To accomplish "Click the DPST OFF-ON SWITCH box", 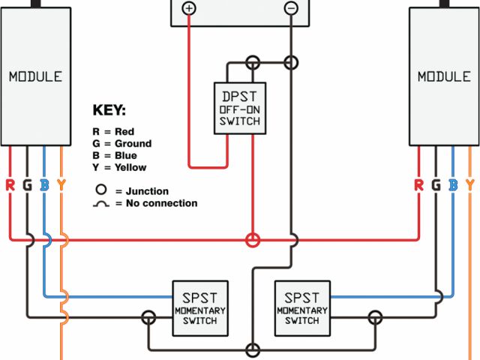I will (x=240, y=108).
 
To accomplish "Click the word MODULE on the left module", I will (x=35, y=76).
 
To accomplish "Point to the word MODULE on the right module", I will (x=444, y=76).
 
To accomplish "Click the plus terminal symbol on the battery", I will (x=189, y=8).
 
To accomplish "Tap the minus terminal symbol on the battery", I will (x=291, y=8).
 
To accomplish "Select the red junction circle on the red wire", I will (x=254, y=240).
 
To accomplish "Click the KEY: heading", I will (x=109, y=110).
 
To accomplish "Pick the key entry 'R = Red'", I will (x=113, y=131).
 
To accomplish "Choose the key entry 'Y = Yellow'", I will (x=119, y=167).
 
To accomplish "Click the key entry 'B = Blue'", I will (x=115, y=155).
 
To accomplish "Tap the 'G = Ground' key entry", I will (x=121, y=143).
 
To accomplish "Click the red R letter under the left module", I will (x=10, y=184).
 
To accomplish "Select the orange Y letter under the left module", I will (x=61, y=184).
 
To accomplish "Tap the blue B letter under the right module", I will (x=453, y=184).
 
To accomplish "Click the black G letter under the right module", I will (x=436, y=184).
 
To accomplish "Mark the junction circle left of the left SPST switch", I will (x=149, y=318).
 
